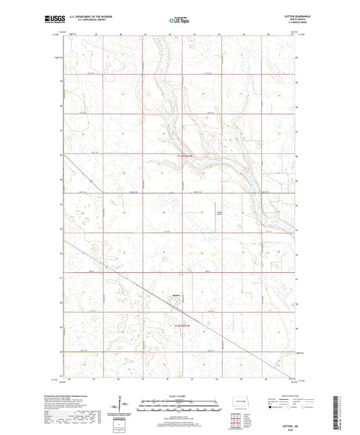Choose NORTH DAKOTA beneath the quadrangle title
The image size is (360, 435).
click(x=286, y=20)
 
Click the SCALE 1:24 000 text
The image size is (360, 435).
click(x=180, y=395)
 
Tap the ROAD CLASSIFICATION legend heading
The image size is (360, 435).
click(x=278, y=395)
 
